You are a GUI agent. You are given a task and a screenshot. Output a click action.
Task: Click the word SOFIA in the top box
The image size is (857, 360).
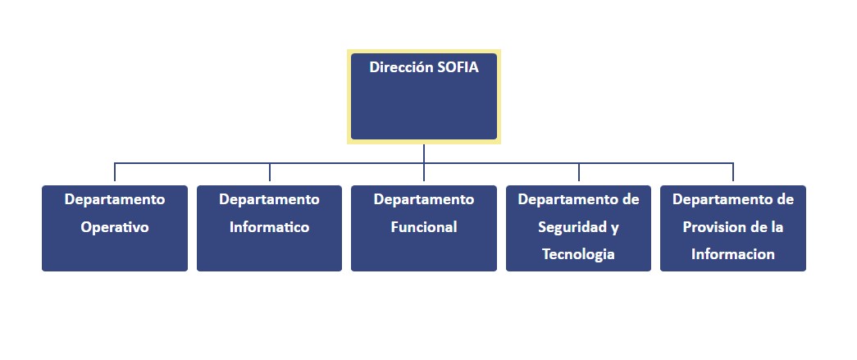[458, 67]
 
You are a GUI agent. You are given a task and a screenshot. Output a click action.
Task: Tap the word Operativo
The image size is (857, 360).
[115, 227]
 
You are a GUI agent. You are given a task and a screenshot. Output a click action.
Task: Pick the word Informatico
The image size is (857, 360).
[270, 226]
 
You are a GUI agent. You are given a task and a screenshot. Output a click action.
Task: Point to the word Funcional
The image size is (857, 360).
[424, 226]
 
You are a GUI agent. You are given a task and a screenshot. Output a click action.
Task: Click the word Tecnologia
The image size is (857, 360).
[578, 254]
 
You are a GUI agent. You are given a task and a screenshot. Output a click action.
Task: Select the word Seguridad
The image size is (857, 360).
[570, 227]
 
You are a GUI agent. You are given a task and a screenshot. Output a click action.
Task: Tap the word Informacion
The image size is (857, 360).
[733, 254]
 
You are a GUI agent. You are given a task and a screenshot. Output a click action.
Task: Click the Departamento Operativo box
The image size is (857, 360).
[115, 228]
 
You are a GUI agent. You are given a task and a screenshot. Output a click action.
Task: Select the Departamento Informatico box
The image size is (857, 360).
[270, 228]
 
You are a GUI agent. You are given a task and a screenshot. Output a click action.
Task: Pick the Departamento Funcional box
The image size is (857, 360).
[424, 228]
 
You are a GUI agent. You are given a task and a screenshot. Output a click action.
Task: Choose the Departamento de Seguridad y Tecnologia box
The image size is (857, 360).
[578, 228]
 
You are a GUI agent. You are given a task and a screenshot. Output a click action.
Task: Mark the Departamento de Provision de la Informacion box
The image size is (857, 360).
[733, 228]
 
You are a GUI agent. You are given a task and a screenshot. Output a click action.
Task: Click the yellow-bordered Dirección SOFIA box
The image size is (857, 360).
[424, 97]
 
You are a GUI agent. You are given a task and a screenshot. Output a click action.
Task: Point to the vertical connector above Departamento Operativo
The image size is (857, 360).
[115, 171]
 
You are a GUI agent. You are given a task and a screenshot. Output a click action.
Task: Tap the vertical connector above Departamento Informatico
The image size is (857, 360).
[270, 171]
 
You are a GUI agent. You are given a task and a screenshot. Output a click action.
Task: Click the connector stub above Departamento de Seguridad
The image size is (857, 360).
[579, 171]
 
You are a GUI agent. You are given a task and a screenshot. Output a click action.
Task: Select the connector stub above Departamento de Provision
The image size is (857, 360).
[733, 171]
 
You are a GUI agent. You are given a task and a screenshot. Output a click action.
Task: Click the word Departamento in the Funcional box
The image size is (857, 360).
[424, 200]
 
